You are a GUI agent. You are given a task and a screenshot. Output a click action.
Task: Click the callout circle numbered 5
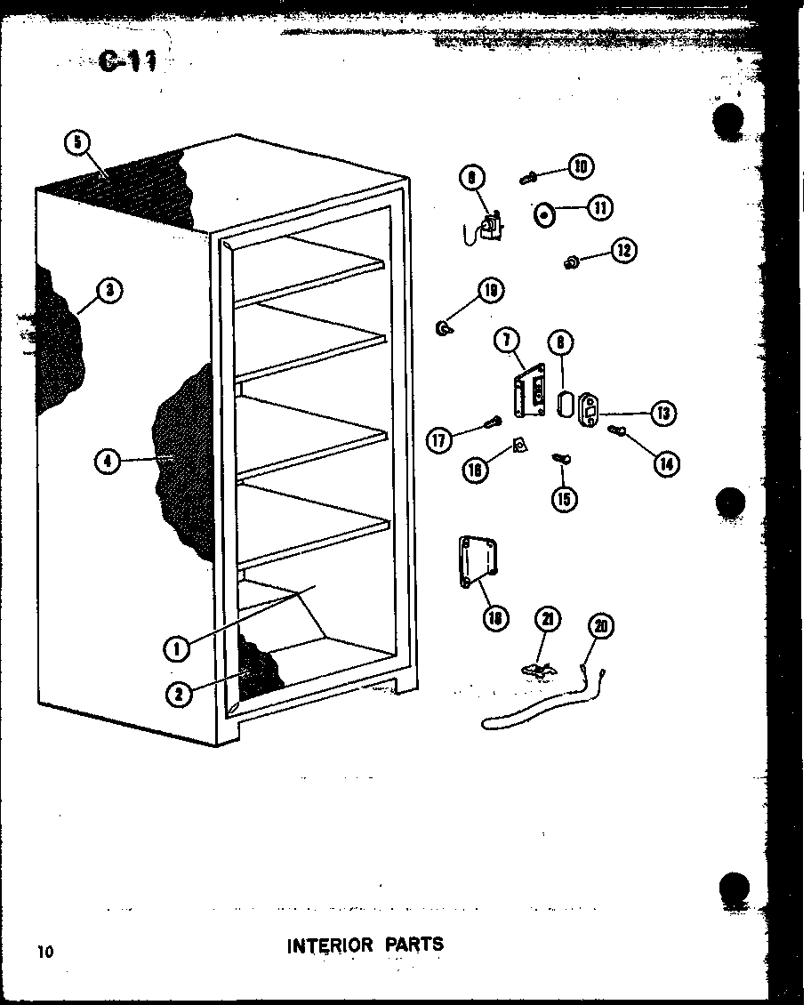point(78,142)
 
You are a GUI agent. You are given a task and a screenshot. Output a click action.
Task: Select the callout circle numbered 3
point(109,290)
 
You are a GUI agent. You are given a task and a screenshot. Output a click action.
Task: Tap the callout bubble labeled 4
point(106,461)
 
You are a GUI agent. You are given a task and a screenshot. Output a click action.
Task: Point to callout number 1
point(177,649)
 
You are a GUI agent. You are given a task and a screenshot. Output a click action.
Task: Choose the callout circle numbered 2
point(179,695)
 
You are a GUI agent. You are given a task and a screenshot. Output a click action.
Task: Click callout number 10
point(582,166)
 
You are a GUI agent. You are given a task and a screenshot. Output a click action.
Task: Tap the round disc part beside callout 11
point(544,214)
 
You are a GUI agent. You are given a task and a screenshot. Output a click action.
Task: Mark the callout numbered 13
point(662,413)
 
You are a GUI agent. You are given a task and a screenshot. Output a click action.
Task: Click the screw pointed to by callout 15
point(560,458)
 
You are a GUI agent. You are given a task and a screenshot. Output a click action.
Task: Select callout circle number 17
point(438,439)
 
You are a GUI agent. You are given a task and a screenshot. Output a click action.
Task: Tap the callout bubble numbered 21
point(549,620)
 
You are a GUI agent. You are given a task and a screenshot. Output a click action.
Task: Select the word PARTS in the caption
point(414,944)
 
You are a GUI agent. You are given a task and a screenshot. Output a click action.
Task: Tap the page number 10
point(45,953)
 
